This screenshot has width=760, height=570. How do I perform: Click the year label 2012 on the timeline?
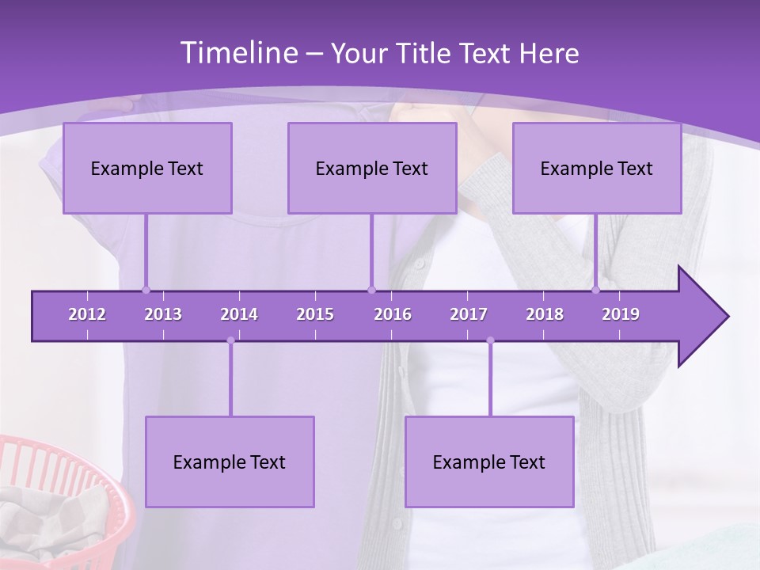(x=87, y=314)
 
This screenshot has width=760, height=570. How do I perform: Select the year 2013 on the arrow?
(x=163, y=314)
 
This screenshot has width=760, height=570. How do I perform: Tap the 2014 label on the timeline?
(x=239, y=314)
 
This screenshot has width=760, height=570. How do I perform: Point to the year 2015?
(x=315, y=314)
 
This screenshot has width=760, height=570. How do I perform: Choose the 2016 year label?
(x=393, y=314)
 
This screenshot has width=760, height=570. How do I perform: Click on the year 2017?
(x=469, y=314)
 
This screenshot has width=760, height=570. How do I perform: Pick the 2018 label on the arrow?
(x=545, y=314)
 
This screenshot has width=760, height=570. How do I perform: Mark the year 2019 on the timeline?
(x=621, y=314)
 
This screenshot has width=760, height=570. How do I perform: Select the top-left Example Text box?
(x=147, y=168)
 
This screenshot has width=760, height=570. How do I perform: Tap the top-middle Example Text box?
(x=372, y=168)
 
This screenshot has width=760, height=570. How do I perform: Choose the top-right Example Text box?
(x=597, y=168)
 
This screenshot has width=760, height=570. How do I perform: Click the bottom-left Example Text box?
(x=230, y=462)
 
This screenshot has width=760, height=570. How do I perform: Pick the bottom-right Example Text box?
(x=489, y=462)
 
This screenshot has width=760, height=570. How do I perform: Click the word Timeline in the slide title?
(x=237, y=53)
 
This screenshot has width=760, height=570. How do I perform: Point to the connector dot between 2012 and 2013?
(x=146, y=290)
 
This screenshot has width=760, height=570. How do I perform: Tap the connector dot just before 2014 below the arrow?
(x=230, y=340)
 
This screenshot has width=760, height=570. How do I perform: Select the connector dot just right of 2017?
(x=490, y=340)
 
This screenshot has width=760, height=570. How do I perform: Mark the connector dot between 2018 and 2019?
(x=596, y=290)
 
